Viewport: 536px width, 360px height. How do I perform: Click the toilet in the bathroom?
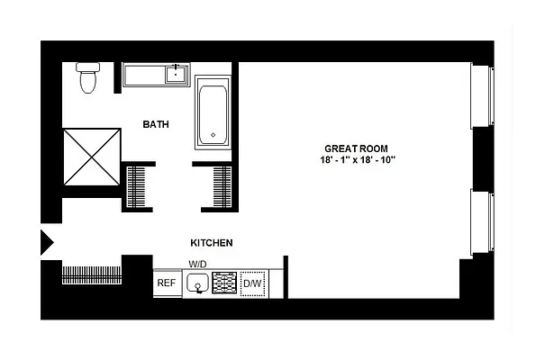(x=88, y=78)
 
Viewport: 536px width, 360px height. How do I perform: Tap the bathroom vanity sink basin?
(x=174, y=75)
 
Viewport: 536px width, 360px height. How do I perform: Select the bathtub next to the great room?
(x=213, y=116)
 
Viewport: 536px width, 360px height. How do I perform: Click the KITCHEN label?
(x=212, y=243)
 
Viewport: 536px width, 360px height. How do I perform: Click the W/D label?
(x=197, y=264)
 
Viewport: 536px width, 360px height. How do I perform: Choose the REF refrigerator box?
(x=167, y=283)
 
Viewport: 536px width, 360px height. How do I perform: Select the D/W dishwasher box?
(x=252, y=284)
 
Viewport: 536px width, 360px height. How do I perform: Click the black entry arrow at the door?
(x=48, y=242)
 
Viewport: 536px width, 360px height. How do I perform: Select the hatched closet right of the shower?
(x=139, y=185)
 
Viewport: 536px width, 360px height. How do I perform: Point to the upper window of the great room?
(x=484, y=98)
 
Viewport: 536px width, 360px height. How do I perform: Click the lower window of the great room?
(x=484, y=220)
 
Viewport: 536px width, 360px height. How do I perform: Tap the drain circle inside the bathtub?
(x=213, y=135)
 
